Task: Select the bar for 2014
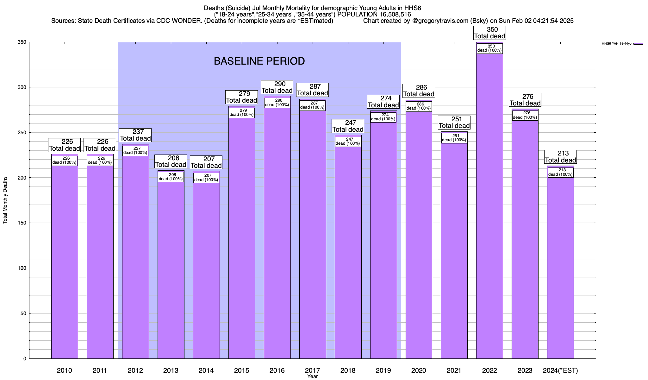(x=206, y=269)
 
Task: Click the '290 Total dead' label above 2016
(x=277, y=87)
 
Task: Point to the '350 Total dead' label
(x=489, y=33)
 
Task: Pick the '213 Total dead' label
(x=560, y=157)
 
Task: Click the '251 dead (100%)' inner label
(x=454, y=138)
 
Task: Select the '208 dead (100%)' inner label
(x=171, y=177)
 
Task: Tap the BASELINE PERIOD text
(x=259, y=61)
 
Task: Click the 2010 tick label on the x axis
(x=65, y=370)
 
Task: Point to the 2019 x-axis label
(x=383, y=370)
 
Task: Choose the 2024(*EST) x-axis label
(x=560, y=370)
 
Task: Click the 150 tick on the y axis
(x=22, y=223)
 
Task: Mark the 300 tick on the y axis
(x=22, y=87)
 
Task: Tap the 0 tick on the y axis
(x=24, y=359)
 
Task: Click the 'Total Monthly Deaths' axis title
(x=5, y=200)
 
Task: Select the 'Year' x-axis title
(x=312, y=376)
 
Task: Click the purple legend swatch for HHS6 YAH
(x=638, y=44)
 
